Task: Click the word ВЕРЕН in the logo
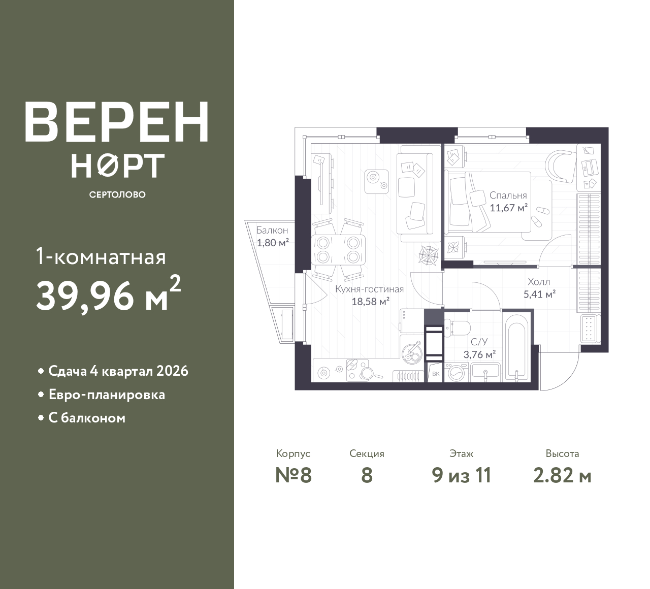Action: point(117,122)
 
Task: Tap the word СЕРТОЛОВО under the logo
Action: point(117,194)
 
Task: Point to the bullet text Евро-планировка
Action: point(107,395)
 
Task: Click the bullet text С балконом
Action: point(87,418)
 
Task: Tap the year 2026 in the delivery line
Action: point(172,371)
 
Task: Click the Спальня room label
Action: point(508,195)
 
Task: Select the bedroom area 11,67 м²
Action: point(508,208)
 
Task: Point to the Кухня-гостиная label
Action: point(369,289)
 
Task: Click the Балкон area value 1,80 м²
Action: point(273,243)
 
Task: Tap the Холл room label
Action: point(538,282)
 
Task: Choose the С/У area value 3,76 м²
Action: point(479,354)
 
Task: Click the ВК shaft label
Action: point(436,374)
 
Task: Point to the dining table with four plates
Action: point(338,250)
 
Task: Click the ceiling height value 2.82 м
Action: point(562,476)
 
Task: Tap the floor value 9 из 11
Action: point(462,476)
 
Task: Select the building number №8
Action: point(293,476)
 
